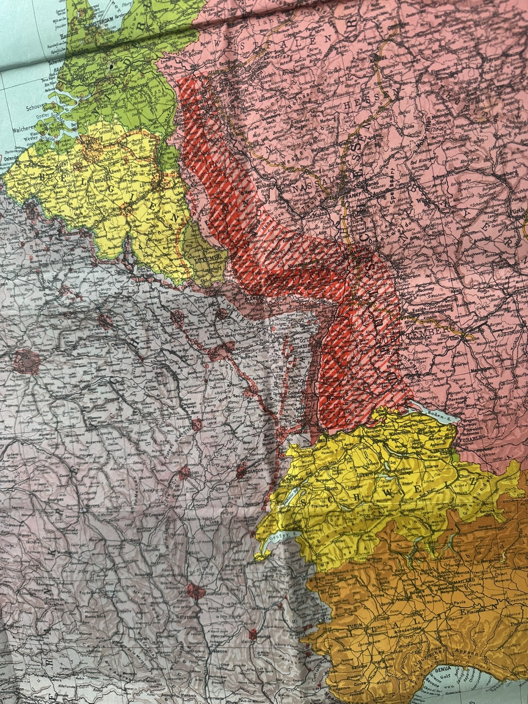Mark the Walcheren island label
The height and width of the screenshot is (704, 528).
pos(23,129)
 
